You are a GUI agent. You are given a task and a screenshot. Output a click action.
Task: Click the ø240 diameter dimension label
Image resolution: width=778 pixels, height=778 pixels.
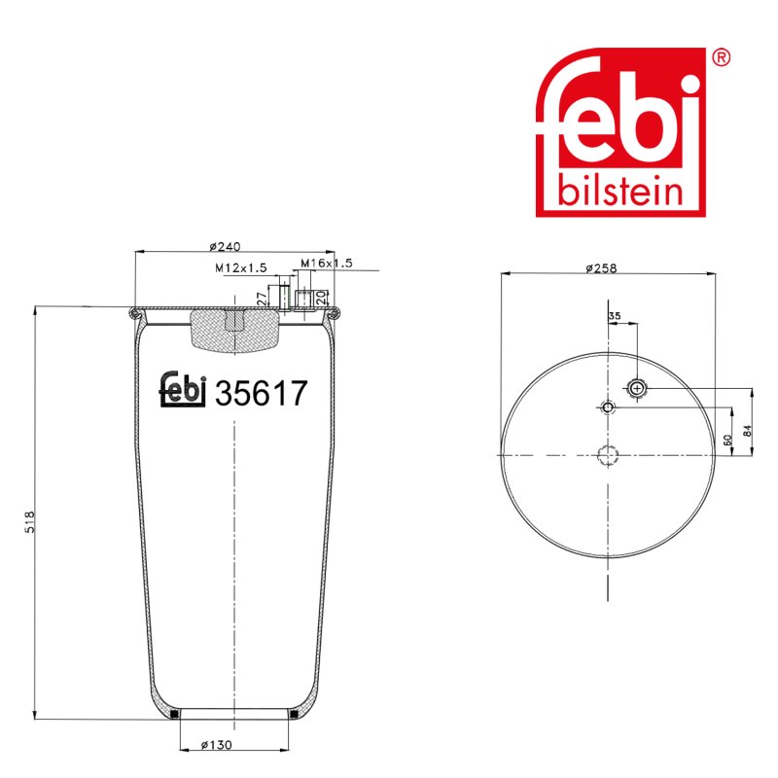(225, 246)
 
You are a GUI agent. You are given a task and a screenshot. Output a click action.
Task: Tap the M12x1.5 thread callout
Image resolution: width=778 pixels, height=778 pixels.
(240, 268)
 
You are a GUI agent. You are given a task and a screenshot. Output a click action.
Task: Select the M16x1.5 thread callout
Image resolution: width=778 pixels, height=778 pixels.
(327, 263)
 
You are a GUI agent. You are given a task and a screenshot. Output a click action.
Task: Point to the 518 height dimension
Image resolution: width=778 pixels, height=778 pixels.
(30, 521)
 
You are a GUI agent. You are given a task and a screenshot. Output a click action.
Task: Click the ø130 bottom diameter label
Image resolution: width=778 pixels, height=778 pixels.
(216, 745)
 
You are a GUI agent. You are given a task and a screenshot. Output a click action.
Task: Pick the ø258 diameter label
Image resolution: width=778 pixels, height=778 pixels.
(601, 268)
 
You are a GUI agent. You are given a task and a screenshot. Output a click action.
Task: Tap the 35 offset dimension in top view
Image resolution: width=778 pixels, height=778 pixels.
(615, 315)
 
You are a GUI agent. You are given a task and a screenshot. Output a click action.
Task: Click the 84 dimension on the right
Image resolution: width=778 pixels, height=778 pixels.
(747, 430)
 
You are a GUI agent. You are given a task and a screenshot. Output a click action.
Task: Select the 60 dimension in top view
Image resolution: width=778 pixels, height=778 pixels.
(727, 440)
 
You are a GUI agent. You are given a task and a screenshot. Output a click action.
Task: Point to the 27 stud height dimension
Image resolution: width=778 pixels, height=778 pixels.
(262, 299)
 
